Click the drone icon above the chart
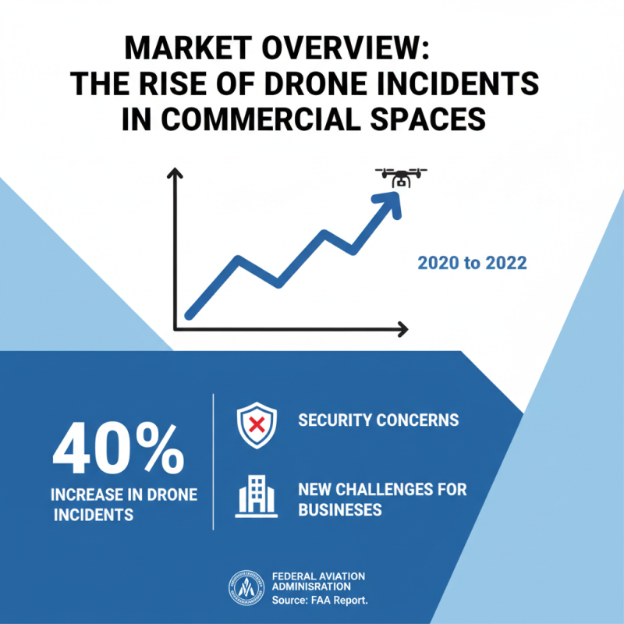(x=401, y=178)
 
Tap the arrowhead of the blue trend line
(x=388, y=204)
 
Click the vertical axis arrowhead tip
(x=174, y=168)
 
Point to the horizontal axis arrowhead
(x=402, y=329)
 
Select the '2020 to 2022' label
(x=472, y=263)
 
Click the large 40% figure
(x=119, y=448)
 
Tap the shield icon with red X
(x=257, y=425)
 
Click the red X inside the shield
(x=257, y=424)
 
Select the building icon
(x=257, y=496)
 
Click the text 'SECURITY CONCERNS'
(x=378, y=420)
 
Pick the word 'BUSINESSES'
(x=340, y=510)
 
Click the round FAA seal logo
(x=246, y=588)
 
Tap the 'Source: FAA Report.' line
(x=320, y=600)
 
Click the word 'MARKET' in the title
(x=188, y=48)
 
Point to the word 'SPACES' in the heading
(x=427, y=119)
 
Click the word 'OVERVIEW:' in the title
(x=346, y=48)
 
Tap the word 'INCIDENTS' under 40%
(x=94, y=515)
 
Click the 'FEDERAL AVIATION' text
(x=318, y=576)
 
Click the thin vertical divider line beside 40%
(x=213, y=462)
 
